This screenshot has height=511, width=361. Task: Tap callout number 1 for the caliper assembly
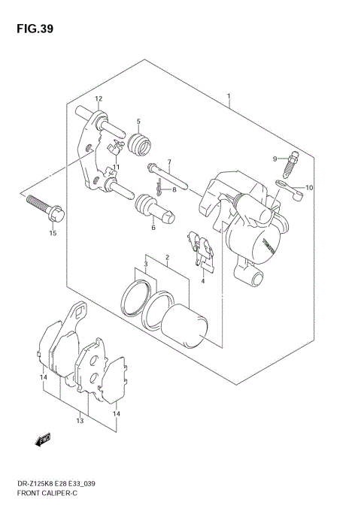229,96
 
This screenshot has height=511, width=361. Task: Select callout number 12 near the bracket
98,99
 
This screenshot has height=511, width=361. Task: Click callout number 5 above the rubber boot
138,122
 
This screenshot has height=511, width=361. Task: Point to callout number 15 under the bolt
53,234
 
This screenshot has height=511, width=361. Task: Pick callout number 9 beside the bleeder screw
275,158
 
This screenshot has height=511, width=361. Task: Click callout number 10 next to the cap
308,187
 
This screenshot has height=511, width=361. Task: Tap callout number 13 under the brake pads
80,422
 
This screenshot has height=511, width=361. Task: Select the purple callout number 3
146,264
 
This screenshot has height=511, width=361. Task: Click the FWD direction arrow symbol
42,439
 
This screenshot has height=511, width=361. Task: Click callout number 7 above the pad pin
169,162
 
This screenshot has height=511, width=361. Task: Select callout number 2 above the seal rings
168,259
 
